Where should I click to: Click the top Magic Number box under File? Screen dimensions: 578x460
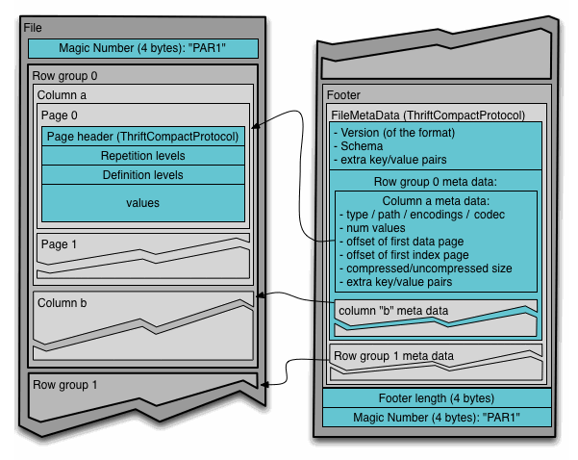[x=143, y=48]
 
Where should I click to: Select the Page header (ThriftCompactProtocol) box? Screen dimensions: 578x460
[x=143, y=137]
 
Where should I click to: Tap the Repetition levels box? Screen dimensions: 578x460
[x=143, y=156]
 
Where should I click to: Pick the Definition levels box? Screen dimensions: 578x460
[x=143, y=175]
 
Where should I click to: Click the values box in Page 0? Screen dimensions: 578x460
[x=143, y=203]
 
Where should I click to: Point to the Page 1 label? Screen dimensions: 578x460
[x=59, y=244]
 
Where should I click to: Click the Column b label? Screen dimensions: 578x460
[x=62, y=303]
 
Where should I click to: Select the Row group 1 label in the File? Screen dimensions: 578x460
[x=64, y=385]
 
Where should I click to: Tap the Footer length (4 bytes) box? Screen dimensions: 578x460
[x=437, y=398]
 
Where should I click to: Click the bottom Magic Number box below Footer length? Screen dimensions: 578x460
[x=437, y=418]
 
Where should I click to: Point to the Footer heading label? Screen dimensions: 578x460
[x=343, y=95]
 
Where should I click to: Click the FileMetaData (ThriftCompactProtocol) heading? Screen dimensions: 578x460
[x=428, y=115]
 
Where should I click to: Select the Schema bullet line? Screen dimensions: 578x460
[x=359, y=146]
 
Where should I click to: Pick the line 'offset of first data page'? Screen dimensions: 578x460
[x=401, y=242]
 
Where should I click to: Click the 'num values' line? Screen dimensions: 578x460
[x=372, y=228]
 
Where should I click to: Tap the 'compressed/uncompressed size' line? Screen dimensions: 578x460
[x=425, y=268]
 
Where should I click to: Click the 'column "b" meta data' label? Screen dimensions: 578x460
[x=393, y=311]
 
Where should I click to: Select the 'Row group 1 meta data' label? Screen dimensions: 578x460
[x=393, y=356]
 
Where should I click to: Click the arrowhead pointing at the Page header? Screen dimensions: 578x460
[x=255, y=126]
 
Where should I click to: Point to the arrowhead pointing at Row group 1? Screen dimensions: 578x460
[x=264, y=385]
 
